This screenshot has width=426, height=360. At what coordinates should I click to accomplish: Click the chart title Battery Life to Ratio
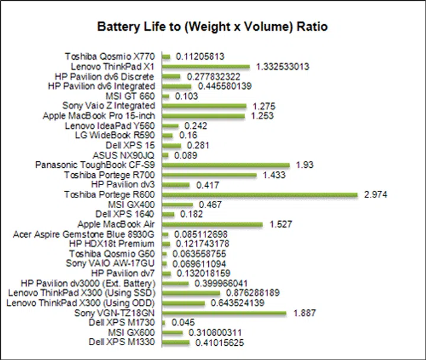(x=212, y=27)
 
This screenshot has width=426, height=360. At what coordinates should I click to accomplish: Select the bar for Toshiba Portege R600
(x=260, y=194)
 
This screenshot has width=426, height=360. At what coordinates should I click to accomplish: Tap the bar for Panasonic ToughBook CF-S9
(x=225, y=165)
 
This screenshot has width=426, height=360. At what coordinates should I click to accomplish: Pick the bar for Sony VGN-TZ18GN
(x=224, y=313)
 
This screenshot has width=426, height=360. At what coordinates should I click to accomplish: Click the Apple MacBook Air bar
(x=212, y=225)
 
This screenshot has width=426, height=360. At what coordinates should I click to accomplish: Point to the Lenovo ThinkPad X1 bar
(x=206, y=67)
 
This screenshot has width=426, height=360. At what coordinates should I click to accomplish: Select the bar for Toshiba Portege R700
(x=209, y=175)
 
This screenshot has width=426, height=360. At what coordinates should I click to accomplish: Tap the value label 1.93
(x=304, y=165)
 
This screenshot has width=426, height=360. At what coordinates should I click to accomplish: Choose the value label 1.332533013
(x=283, y=67)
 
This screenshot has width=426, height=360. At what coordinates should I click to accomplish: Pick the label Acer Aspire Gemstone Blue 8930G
(x=83, y=234)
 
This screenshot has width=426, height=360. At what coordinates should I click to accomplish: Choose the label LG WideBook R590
(x=117, y=135)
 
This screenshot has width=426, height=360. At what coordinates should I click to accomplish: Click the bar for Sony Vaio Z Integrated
(x=204, y=106)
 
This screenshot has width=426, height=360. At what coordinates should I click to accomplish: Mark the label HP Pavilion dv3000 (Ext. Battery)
(x=88, y=283)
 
